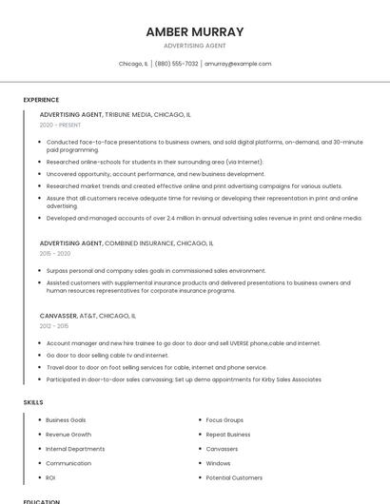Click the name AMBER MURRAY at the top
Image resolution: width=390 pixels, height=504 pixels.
pos(195,31)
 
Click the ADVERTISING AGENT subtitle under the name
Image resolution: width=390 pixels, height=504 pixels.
pos(195,46)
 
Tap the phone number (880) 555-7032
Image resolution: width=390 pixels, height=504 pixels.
pos(176,64)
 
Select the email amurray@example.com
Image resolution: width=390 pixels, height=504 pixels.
pos(238,64)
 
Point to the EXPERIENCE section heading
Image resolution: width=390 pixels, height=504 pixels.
pos(41,100)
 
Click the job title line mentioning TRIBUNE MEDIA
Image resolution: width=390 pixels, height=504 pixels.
pos(115,114)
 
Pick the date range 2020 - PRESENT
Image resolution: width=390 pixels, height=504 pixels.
pos(60,125)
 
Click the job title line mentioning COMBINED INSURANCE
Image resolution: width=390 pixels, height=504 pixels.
pos(127,243)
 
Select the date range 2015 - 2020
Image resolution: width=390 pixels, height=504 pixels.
pos(55,254)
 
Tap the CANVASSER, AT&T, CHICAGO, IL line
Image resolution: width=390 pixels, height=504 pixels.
pos(88,316)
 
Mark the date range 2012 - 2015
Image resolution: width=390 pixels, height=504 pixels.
pos(54,326)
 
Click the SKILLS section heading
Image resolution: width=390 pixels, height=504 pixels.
pos(33,402)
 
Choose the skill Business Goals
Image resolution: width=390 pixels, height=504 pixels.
pos(66,419)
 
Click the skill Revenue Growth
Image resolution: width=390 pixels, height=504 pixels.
pos(68,434)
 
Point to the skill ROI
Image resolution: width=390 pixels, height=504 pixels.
pos(50,477)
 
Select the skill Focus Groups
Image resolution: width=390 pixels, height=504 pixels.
pos(224,419)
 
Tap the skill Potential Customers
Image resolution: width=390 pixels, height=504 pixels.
pos(234,477)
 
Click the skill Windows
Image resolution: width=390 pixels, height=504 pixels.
pos(218,463)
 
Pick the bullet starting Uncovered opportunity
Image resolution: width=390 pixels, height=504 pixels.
pos(155,174)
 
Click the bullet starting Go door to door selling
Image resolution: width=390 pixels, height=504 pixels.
pos(107,356)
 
